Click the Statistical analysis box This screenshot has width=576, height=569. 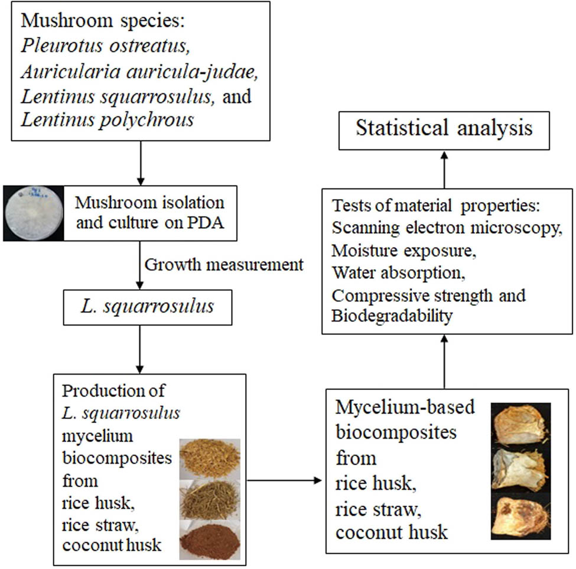(x=443, y=129)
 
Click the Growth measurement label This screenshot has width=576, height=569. (x=223, y=264)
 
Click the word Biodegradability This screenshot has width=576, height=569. (x=392, y=316)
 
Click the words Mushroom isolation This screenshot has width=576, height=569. (x=149, y=203)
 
